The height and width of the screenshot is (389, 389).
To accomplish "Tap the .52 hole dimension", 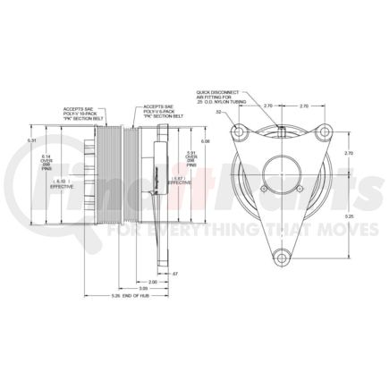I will tap(217, 112).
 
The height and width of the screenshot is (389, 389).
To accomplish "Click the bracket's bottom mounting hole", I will tap(282, 259).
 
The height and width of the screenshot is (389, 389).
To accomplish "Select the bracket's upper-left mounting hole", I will tap(240, 134).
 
